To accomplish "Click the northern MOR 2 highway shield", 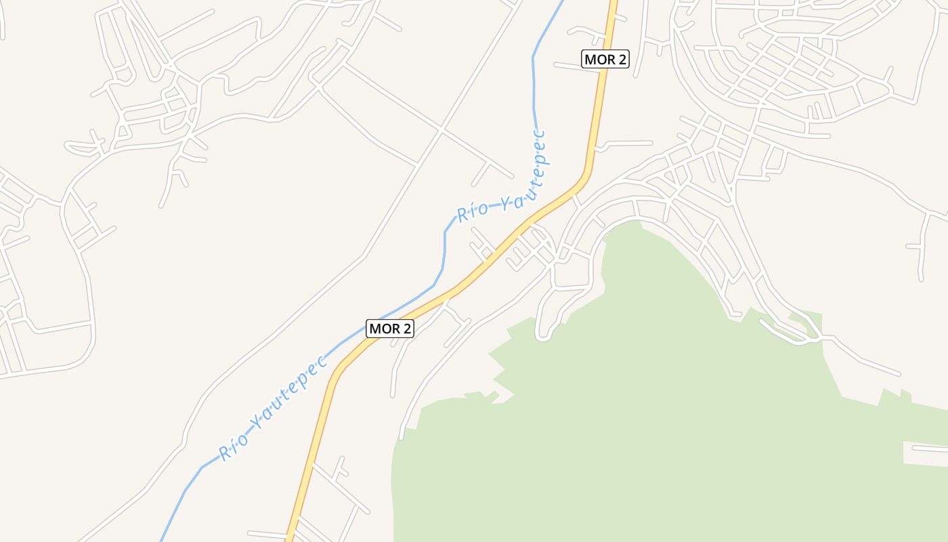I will (x=605, y=59).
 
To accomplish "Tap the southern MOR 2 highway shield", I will (x=390, y=329).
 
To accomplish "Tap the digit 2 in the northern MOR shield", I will (x=621, y=59).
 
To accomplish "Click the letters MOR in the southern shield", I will (x=383, y=329).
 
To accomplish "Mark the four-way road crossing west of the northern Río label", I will (x=441, y=128).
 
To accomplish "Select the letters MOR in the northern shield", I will (x=599, y=59).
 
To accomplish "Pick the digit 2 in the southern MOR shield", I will (x=406, y=329).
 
